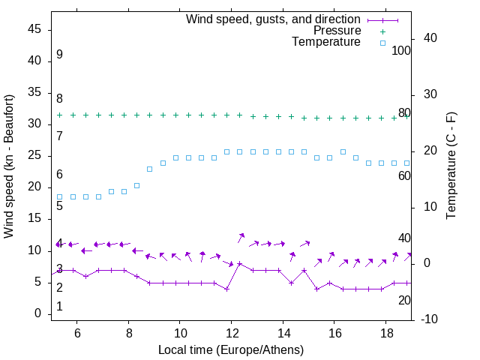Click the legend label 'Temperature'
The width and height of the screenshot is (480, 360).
[326, 43]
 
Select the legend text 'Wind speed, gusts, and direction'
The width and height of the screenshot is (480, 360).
[274, 19]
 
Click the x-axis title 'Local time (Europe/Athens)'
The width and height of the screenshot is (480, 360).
[231, 349]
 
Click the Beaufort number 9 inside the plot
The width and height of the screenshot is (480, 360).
[59, 55]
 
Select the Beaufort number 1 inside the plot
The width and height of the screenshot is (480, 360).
[59, 307]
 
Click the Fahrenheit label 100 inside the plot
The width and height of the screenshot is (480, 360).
[401, 51]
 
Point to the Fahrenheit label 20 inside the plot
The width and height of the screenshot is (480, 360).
[404, 300]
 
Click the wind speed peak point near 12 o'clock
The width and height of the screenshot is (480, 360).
[239, 263]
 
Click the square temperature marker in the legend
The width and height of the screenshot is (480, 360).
[382, 43]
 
